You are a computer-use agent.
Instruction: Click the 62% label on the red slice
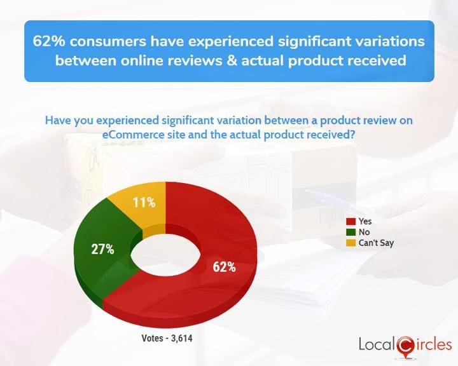tap(224, 267)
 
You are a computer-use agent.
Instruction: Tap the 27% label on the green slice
tap(102, 249)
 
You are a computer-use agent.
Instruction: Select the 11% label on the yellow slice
tap(144, 202)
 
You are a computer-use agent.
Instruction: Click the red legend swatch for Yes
tap(350, 222)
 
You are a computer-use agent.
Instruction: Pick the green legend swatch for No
tap(350, 233)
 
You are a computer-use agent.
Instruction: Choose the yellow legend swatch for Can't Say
tap(350, 243)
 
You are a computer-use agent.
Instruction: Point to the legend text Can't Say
tap(376, 243)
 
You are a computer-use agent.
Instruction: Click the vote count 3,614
tap(182, 338)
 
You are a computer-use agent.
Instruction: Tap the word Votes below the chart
tap(152, 338)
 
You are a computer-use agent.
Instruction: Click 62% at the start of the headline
tap(49, 41)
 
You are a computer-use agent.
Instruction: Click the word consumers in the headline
tap(108, 42)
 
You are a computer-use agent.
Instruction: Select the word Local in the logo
tap(377, 344)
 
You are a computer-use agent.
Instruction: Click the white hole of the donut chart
tap(165, 255)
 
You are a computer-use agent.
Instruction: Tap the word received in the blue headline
tap(375, 61)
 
